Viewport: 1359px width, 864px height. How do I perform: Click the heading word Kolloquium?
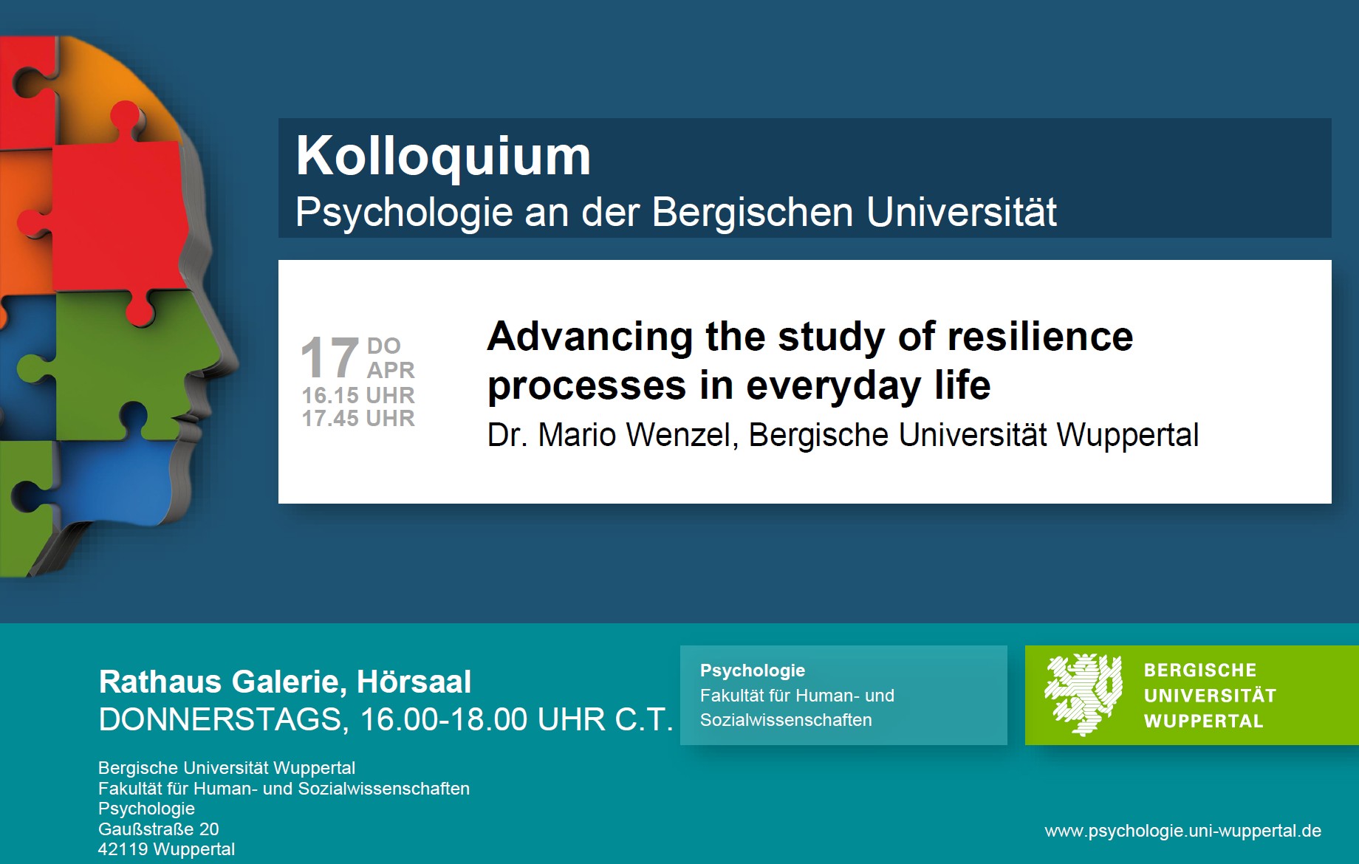point(443,157)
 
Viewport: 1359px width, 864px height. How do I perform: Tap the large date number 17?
point(330,357)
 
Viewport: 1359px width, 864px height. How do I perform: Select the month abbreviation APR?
point(391,370)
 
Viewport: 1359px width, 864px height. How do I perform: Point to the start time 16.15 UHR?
point(358,395)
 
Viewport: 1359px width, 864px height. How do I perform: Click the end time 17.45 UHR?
point(358,418)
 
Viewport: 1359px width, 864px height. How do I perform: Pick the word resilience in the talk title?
point(1040,337)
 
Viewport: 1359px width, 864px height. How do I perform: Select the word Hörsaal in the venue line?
point(414,682)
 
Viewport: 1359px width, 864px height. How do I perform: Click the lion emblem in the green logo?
point(1084,694)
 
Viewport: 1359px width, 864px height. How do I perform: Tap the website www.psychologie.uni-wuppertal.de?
point(1182,831)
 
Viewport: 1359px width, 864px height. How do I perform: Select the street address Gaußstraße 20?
point(159,829)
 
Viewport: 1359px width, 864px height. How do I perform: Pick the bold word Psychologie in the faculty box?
point(753,671)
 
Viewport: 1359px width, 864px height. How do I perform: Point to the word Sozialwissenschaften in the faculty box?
point(786,720)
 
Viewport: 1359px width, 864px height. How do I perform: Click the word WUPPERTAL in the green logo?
point(1203,721)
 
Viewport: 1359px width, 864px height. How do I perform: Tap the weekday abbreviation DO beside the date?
point(384,346)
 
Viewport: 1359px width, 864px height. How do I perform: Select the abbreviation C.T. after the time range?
point(643,719)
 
